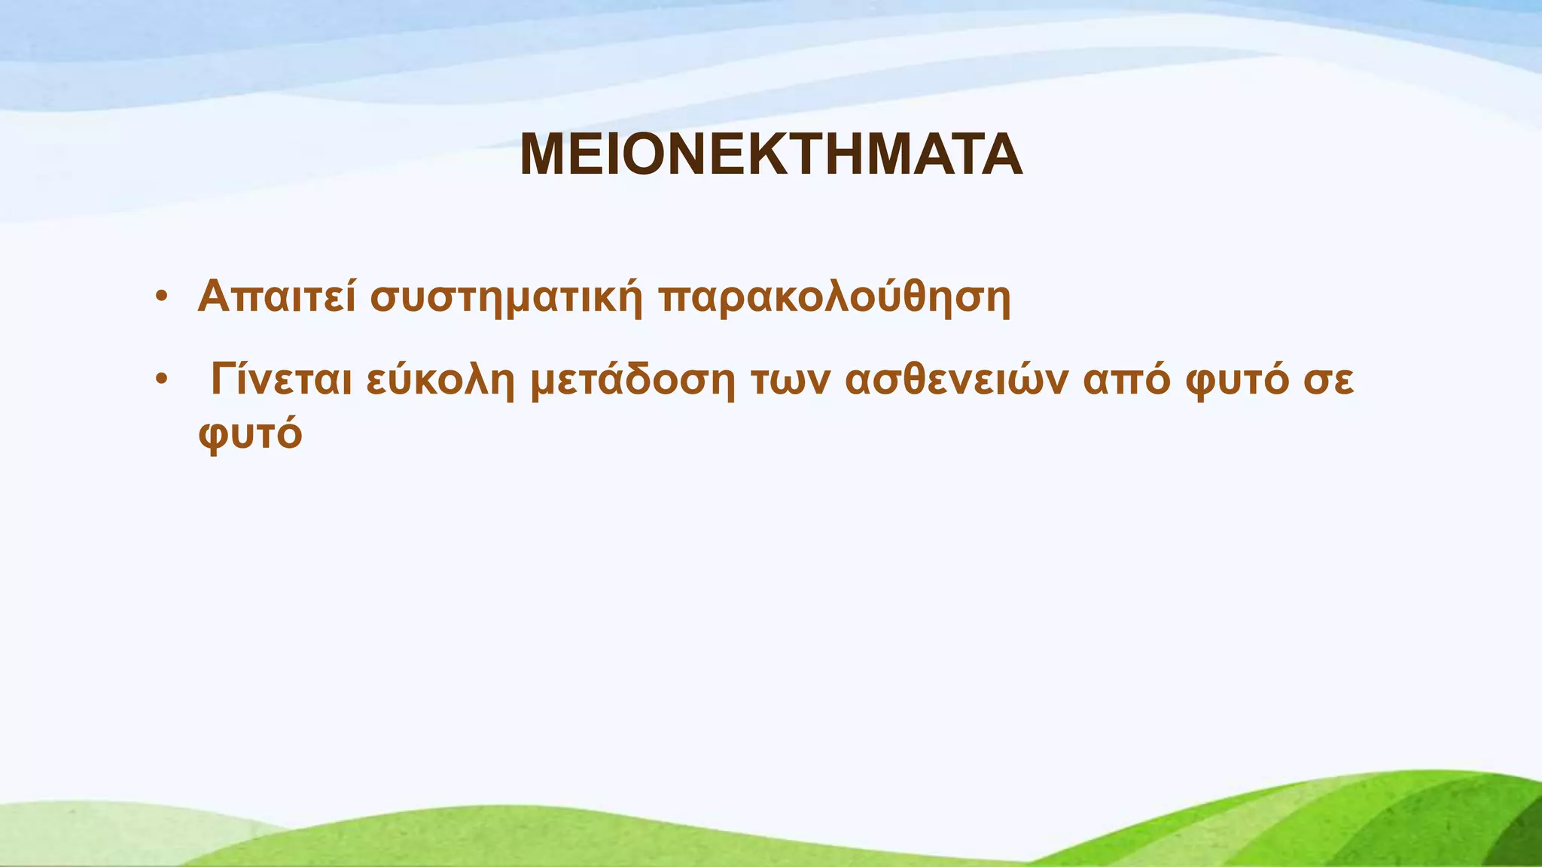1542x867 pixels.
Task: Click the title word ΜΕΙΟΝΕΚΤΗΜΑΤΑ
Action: coord(771,155)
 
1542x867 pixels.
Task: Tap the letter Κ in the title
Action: coord(766,155)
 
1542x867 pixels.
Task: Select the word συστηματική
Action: coord(507,298)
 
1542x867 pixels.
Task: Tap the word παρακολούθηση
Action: coord(834,298)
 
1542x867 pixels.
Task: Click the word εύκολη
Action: coord(440,381)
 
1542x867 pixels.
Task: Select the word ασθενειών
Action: coord(956,379)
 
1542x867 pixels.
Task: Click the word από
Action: coord(1126,381)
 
